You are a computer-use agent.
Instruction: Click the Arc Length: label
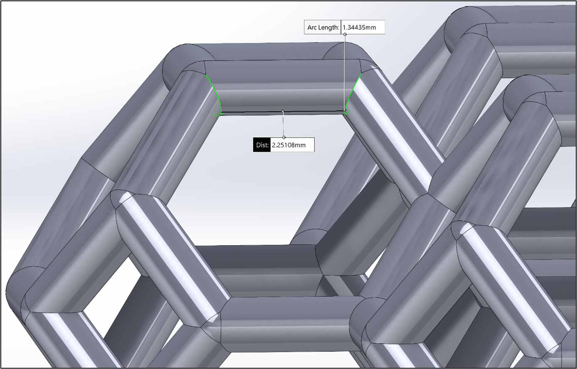[323, 28]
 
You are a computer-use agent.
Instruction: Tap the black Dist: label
[262, 145]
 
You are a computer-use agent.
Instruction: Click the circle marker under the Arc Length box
[345, 34]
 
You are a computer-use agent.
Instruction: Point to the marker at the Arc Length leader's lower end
[345, 110]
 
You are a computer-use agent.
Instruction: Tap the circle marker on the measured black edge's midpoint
[283, 111]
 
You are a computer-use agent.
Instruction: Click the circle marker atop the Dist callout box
[284, 137]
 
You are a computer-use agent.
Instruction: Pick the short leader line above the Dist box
[283, 125]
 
